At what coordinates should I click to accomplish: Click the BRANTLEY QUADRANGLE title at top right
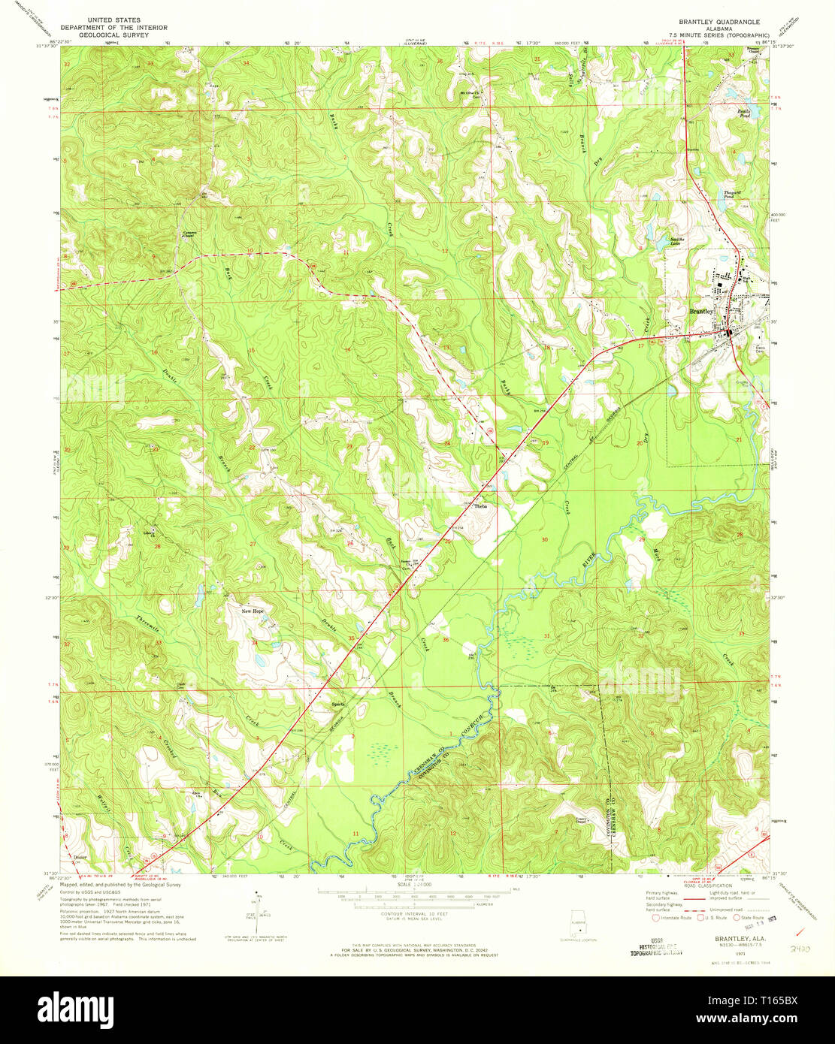(719, 23)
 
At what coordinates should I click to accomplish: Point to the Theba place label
(480, 506)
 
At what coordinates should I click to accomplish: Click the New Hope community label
(253, 611)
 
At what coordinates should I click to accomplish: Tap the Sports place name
(338, 704)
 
